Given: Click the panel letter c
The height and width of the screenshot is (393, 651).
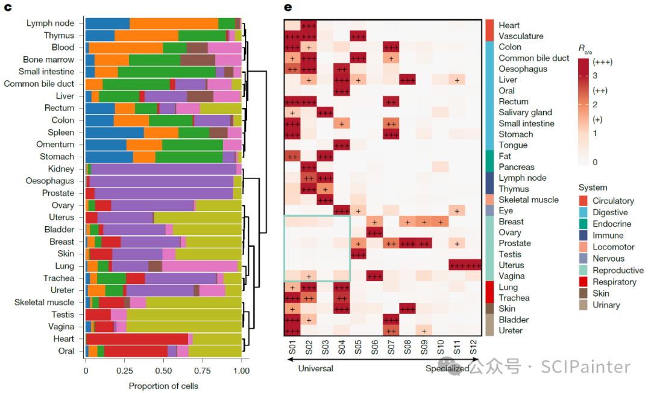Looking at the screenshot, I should [9, 7].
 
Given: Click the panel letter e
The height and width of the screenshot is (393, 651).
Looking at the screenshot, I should [288, 7].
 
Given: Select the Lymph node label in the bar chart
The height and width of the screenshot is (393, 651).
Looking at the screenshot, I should [50, 24].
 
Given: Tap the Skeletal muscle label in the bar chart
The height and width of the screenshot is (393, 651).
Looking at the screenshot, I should [45, 302].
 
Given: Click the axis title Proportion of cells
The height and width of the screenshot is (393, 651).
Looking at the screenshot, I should [163, 386].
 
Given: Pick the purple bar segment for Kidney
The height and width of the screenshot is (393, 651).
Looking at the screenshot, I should [163, 169].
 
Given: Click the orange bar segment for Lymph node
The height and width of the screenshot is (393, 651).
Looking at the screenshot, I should [174, 24].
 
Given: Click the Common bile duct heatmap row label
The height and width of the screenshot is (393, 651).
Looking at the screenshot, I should [533, 58].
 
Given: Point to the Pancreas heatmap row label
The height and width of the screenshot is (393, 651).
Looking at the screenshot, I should [517, 167].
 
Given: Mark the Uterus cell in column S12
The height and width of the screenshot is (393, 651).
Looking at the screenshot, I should [473, 265].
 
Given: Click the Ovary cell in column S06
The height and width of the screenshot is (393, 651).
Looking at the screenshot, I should [374, 232].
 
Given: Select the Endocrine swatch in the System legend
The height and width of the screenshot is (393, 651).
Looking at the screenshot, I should [583, 224].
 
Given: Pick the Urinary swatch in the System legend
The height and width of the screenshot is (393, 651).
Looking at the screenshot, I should [583, 305].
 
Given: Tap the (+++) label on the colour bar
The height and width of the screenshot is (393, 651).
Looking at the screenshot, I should [602, 62].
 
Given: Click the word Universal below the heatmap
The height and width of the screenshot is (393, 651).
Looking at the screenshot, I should [315, 368].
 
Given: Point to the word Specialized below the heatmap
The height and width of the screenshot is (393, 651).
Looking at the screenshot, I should [447, 368].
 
